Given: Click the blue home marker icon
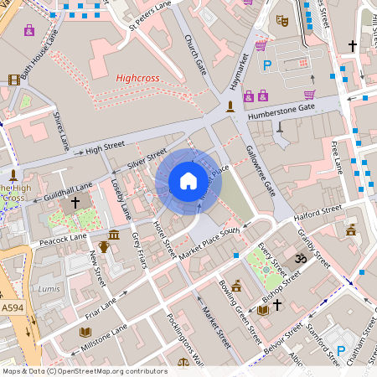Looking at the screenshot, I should coord(188,181).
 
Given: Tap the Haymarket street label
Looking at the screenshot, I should coord(240,71).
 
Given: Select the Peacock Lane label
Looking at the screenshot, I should coord(64,240).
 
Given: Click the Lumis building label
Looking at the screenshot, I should coord(51,288).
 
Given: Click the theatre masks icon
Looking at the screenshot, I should coord(282,19).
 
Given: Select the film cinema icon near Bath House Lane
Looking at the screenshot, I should coord(13,80).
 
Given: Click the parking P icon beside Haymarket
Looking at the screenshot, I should coord(267,65).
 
